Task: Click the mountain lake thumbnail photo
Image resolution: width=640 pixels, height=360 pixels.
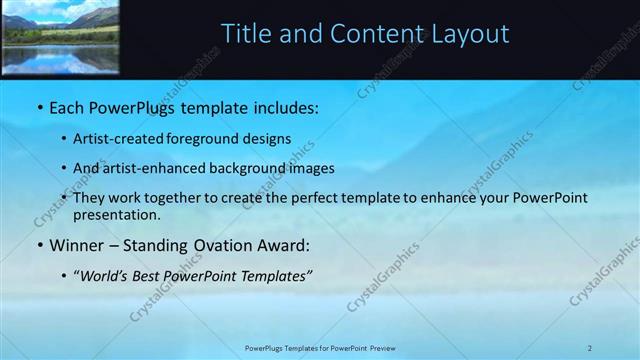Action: (60, 38)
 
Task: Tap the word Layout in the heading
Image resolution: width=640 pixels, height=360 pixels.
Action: (470, 35)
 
